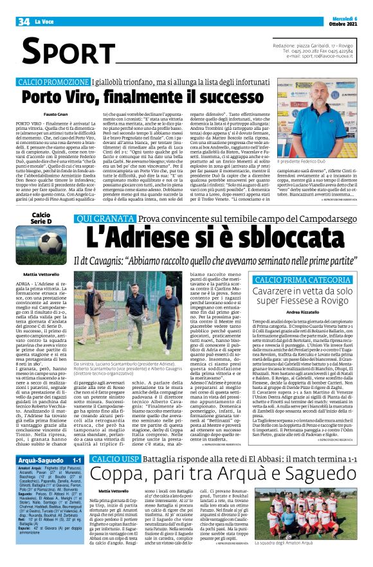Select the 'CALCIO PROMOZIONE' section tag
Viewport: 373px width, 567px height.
(x=54, y=82)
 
